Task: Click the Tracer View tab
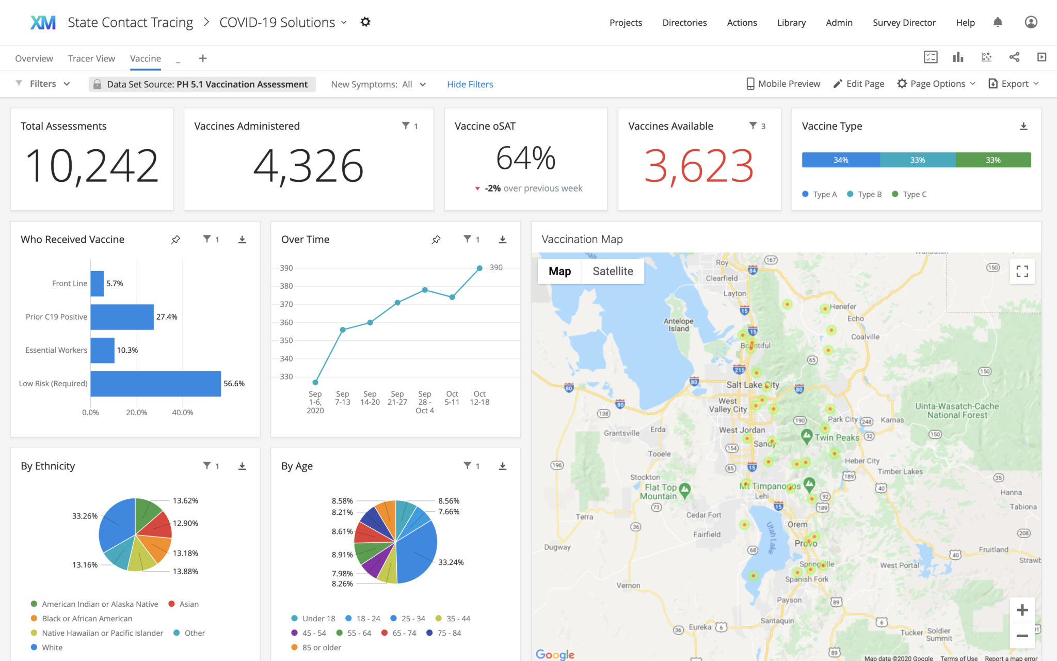point(91,58)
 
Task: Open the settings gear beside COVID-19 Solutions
point(365,22)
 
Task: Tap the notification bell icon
point(998,22)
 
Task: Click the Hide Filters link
point(470,84)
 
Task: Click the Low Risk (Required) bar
point(155,384)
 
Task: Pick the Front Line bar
point(97,284)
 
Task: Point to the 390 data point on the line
point(479,268)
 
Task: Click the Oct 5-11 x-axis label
point(452,398)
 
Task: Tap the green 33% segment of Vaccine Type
point(993,160)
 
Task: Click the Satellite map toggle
point(613,271)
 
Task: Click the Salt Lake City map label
point(752,385)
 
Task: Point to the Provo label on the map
point(806,543)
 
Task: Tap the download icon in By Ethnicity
point(242,466)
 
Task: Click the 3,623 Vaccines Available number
point(699,166)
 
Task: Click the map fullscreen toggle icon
point(1022,271)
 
